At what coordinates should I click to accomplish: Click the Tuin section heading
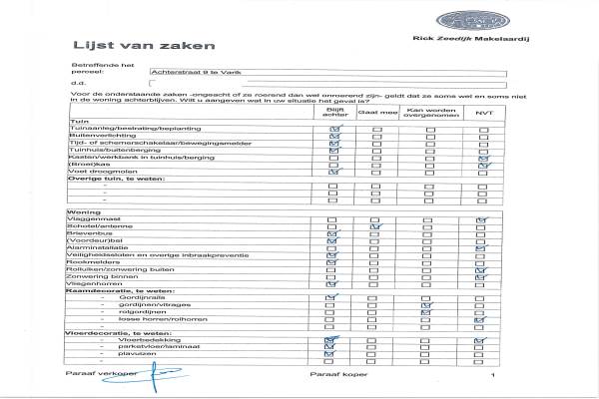pyautogui.click(x=75, y=121)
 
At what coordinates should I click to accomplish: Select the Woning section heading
pyautogui.click(x=83, y=212)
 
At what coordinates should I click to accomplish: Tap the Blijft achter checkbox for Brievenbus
pyautogui.click(x=332, y=234)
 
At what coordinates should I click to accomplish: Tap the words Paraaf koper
pyautogui.click(x=333, y=376)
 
